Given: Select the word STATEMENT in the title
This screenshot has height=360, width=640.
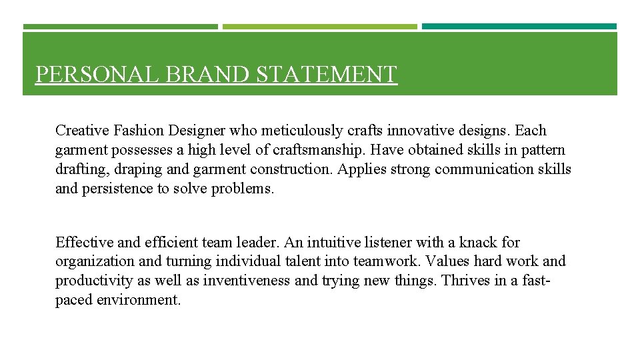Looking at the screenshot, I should point(327,74).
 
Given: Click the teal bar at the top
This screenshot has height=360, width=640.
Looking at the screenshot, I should point(519,27).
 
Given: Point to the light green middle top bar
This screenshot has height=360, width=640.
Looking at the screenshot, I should point(319,27).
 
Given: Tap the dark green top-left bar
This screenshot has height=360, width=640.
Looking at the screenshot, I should point(120,27).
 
